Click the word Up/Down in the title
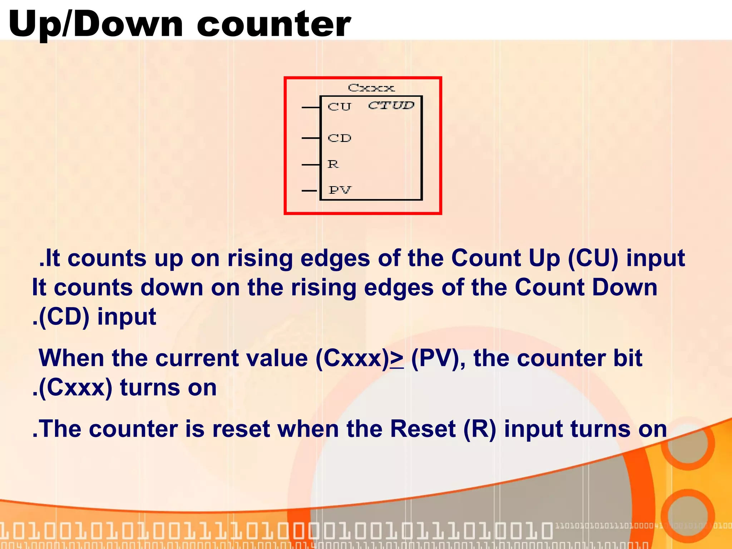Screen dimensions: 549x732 pyautogui.click(x=96, y=24)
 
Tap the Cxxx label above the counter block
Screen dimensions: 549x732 pyautogui.click(x=371, y=88)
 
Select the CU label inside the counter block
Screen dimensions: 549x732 pyautogui.click(x=340, y=107)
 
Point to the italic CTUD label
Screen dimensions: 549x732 pyautogui.click(x=391, y=105)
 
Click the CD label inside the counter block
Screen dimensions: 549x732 pyautogui.click(x=340, y=138)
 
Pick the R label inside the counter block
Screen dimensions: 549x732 pyautogui.click(x=333, y=164)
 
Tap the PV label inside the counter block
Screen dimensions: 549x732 pyautogui.click(x=340, y=190)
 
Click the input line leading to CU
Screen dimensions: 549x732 pyautogui.click(x=311, y=107)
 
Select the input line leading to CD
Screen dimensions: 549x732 pyautogui.click(x=311, y=138)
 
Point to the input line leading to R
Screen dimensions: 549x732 pyautogui.click(x=311, y=165)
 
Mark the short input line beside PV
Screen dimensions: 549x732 pyautogui.click(x=309, y=191)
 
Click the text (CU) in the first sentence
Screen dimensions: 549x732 pyautogui.click(x=593, y=258)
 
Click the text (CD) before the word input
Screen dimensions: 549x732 pyautogui.click(x=64, y=317)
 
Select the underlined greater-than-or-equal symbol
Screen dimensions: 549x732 pyautogui.click(x=397, y=358)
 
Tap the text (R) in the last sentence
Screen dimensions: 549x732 pyautogui.click(x=480, y=429)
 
